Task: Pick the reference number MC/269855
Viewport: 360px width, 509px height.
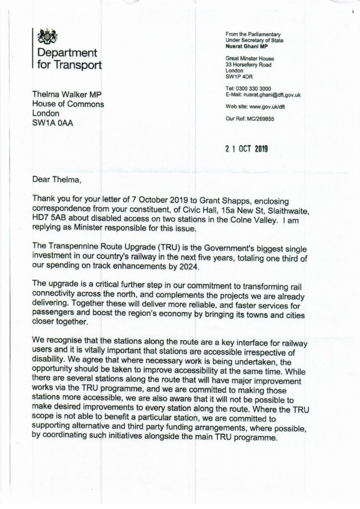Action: point(261,118)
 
